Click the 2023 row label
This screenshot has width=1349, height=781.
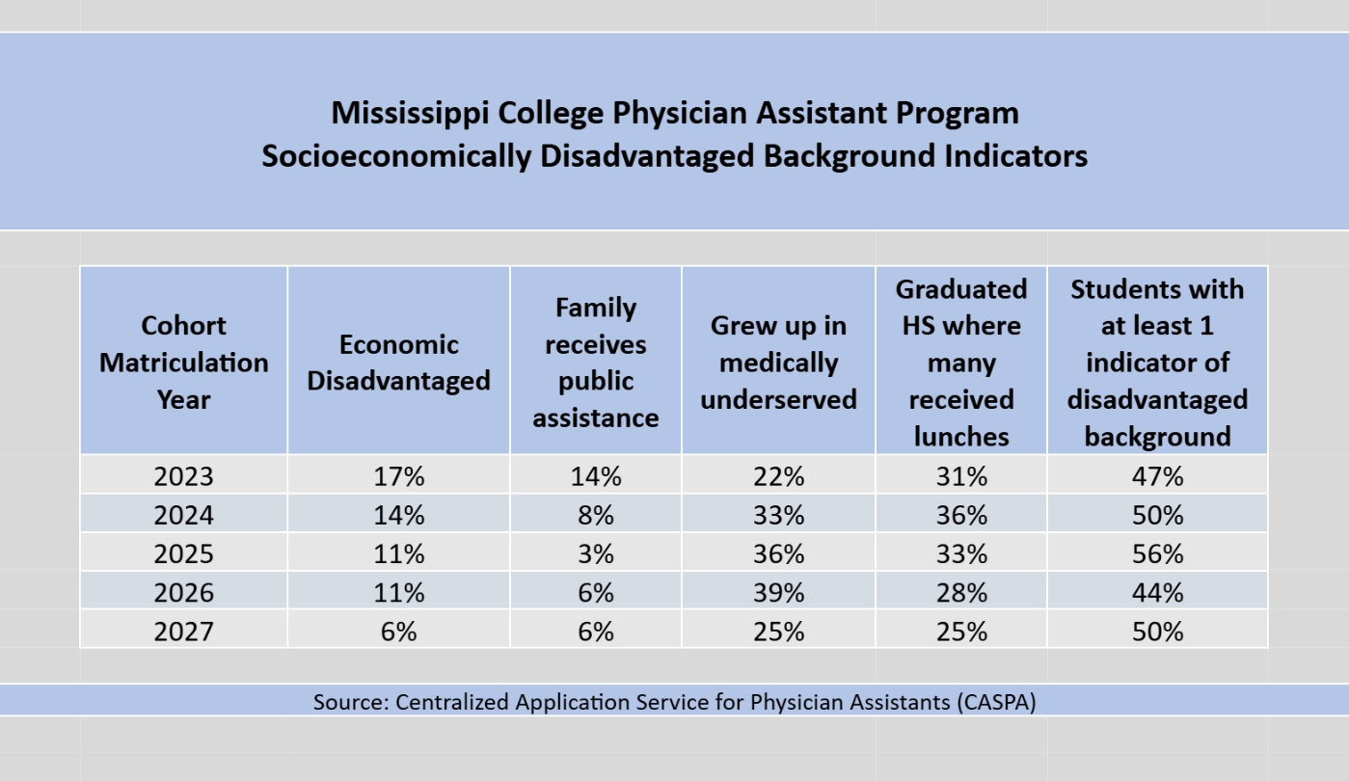[183, 476]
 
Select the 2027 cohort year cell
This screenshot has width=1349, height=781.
[183, 632]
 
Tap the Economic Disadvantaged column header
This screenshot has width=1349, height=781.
[398, 363]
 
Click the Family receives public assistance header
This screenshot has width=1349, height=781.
[596, 363]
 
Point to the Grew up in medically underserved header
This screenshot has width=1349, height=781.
[778, 363]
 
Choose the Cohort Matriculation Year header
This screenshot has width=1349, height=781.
[183, 363]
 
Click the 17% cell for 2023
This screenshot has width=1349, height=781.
[398, 476]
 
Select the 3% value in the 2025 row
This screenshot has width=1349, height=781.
[596, 554]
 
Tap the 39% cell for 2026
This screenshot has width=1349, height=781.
[778, 593]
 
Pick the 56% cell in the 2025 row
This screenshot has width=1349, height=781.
[1157, 554]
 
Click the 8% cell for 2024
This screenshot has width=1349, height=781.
[596, 515]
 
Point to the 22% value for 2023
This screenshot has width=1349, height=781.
[778, 476]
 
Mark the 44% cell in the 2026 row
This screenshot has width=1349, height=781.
[1157, 593]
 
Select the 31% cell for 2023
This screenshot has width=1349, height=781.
[960, 476]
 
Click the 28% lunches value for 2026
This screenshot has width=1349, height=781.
[960, 593]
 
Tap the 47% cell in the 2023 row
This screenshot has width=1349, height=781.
[1157, 476]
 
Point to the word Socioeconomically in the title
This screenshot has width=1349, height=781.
[395, 156]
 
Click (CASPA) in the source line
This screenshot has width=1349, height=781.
[997, 702]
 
